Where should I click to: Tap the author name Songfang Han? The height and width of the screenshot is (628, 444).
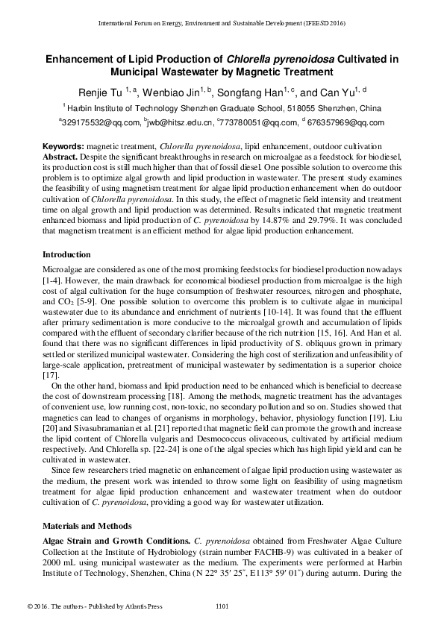248,91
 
